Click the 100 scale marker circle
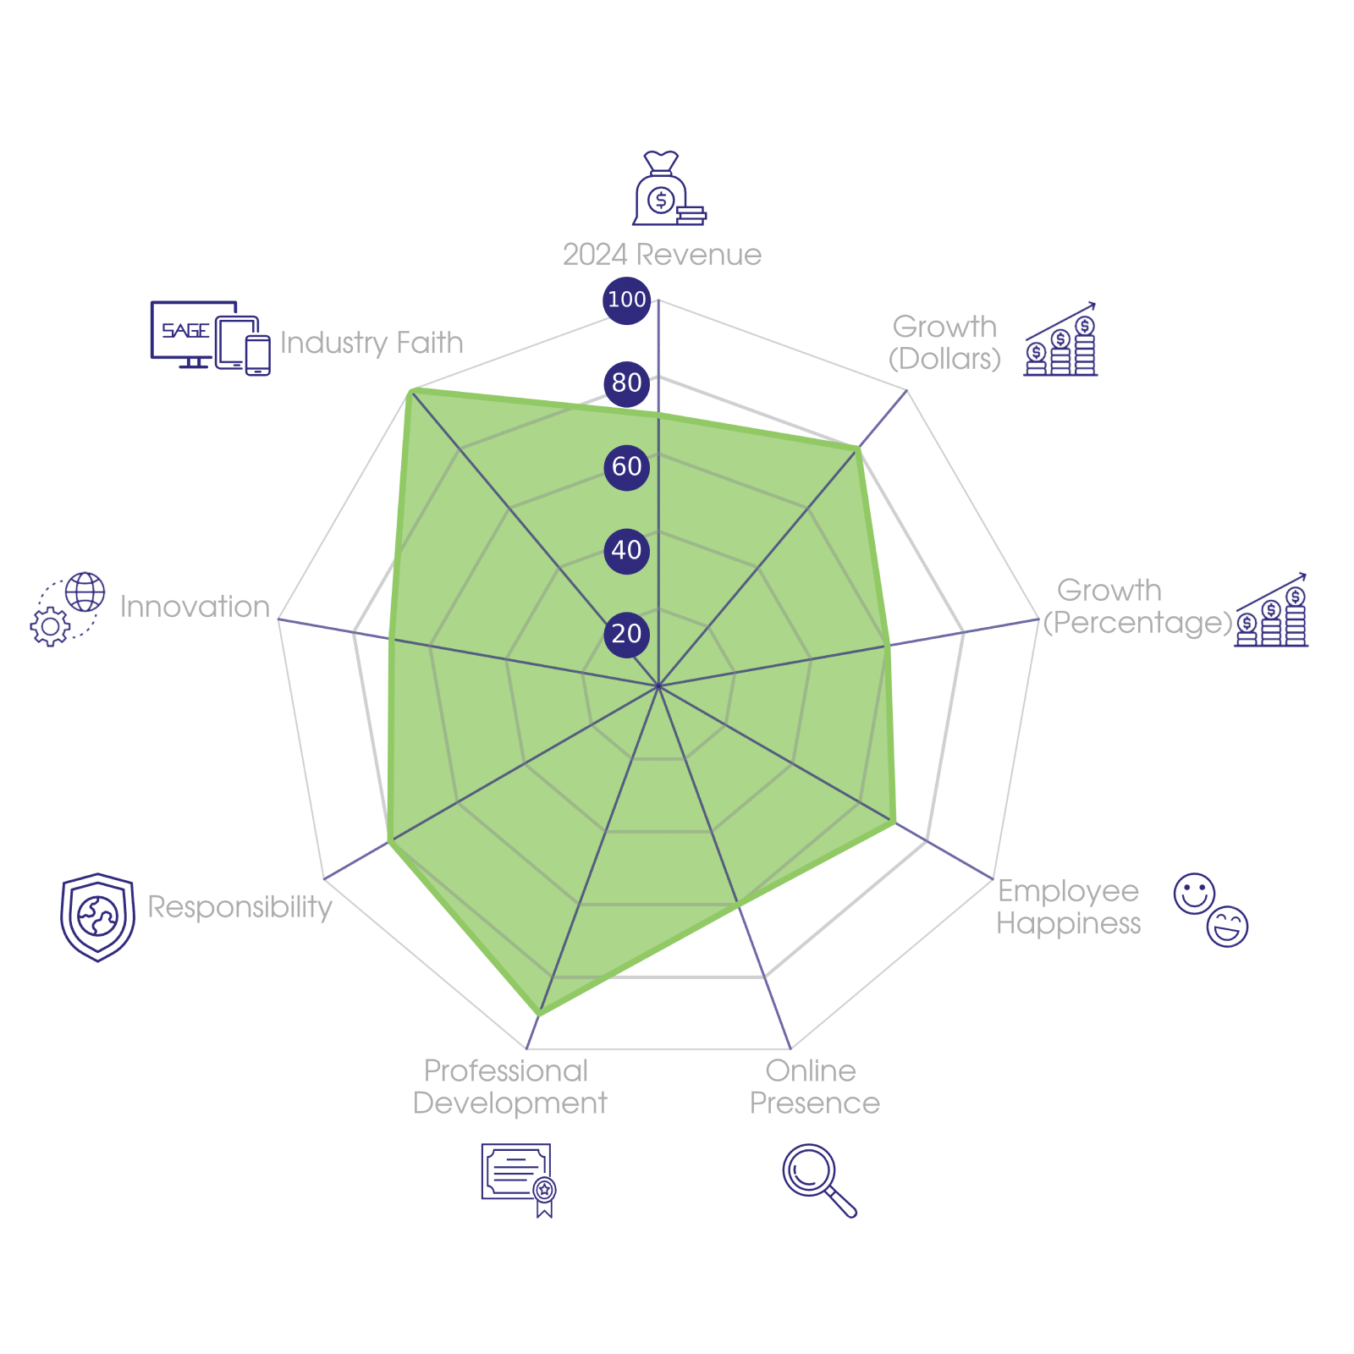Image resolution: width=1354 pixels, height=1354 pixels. click(626, 300)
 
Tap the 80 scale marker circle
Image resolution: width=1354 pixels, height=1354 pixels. click(626, 383)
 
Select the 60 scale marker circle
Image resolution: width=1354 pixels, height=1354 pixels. click(626, 466)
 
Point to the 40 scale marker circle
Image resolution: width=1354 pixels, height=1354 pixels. click(626, 550)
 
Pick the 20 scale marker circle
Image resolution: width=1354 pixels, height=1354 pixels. click(626, 634)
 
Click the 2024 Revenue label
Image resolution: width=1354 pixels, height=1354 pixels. click(662, 255)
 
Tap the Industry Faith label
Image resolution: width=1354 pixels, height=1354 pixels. click(372, 343)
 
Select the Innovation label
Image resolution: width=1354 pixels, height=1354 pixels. click(195, 607)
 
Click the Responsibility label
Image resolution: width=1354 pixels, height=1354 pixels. click(240, 906)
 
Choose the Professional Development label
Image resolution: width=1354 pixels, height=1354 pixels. click(509, 1087)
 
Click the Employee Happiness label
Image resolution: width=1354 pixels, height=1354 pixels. click(1068, 906)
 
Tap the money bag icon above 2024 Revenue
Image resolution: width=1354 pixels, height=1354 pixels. click(667, 190)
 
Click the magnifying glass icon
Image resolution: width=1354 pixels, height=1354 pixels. click(817, 1180)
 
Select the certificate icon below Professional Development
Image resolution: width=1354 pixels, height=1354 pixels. click(518, 1178)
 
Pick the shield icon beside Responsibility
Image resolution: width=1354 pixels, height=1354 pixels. click(97, 916)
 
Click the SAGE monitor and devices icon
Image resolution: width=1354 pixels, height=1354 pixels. click(210, 338)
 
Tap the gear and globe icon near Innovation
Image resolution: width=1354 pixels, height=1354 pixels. click(68, 609)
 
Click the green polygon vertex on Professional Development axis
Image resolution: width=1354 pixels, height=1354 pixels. click(539, 1015)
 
